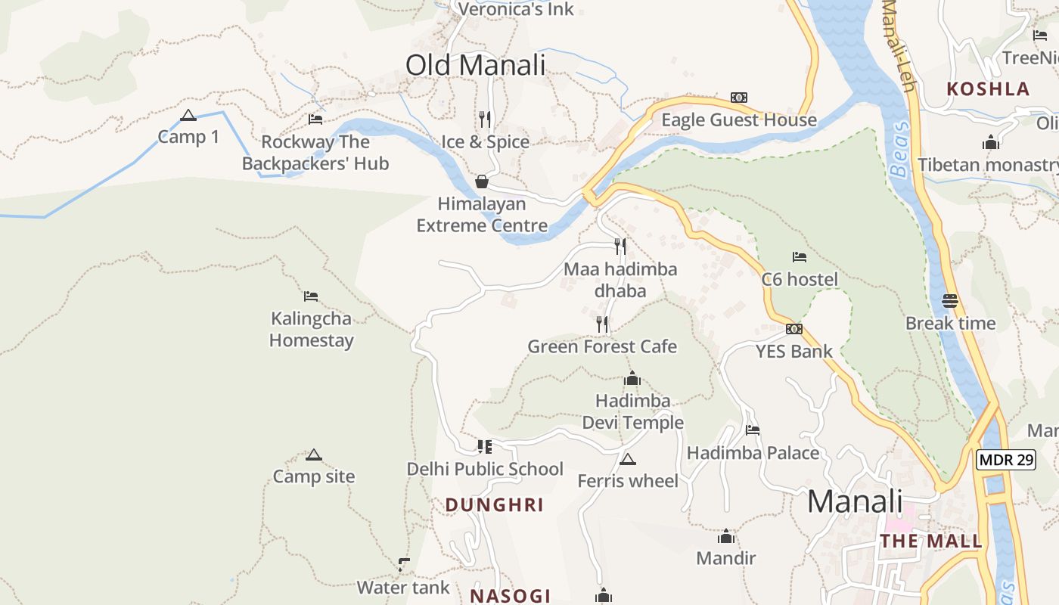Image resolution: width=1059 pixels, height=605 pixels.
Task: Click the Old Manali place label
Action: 475,65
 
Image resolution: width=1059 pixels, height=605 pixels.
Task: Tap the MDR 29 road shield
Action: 1005,459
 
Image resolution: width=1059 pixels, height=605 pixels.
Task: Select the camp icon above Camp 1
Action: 188,116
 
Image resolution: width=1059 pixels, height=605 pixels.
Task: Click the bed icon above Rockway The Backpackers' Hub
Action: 315,119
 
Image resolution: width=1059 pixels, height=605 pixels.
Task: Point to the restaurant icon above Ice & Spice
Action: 485,119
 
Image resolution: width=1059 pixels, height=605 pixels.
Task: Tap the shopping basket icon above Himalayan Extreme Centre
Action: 481,181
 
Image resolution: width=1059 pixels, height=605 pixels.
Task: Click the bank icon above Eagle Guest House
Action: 739,98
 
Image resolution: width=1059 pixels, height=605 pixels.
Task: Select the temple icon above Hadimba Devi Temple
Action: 632,379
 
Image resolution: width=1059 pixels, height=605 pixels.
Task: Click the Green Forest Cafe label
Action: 602,346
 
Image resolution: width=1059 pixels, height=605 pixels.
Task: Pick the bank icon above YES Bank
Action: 793,329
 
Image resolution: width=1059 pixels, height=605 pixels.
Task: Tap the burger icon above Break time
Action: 950,301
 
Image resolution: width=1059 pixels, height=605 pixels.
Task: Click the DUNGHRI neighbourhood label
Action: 495,505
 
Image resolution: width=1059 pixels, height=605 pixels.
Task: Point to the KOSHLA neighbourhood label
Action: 988,88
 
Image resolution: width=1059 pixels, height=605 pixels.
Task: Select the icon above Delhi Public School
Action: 485,446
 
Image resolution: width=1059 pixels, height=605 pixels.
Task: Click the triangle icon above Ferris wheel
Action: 627,459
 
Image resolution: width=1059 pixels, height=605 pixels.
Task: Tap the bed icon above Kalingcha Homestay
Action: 311,296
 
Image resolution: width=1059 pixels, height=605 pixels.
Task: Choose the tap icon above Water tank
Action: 404,564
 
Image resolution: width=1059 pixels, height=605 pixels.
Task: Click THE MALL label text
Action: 931,541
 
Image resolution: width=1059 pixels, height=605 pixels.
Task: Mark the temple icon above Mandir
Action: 726,537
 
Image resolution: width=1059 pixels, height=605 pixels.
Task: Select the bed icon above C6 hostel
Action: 799,257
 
